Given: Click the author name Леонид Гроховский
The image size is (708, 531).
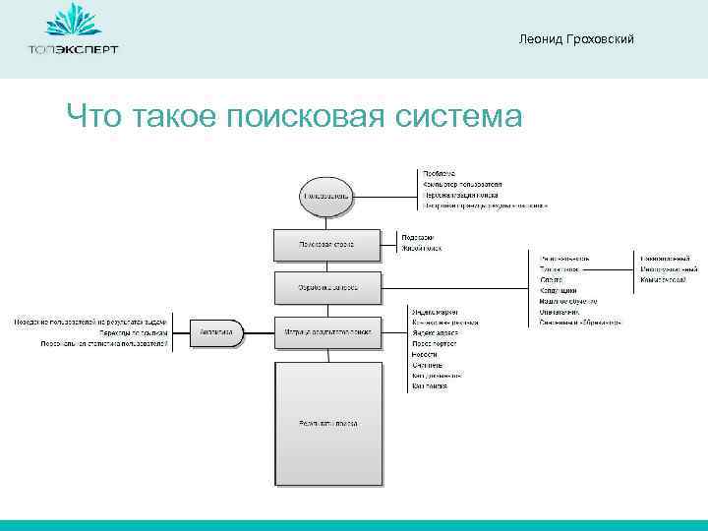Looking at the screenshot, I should (575, 38).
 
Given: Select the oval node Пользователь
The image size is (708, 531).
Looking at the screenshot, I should (326, 196).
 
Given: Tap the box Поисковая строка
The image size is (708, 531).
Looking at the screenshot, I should (326, 244).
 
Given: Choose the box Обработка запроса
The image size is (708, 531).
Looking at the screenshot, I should (326, 288).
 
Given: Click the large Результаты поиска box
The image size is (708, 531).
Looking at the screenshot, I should (327, 423).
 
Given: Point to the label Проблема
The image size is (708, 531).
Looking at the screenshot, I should (439, 174).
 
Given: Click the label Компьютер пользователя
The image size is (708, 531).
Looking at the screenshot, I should (462, 185).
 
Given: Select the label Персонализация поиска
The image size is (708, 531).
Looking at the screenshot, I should (460, 196).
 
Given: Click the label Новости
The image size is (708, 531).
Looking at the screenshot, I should (425, 355).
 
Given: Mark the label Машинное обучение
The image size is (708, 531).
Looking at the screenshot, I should (569, 301).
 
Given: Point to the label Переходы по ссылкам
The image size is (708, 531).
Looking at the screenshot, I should (133, 333).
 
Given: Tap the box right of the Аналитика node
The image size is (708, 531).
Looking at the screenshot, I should (326, 332).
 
